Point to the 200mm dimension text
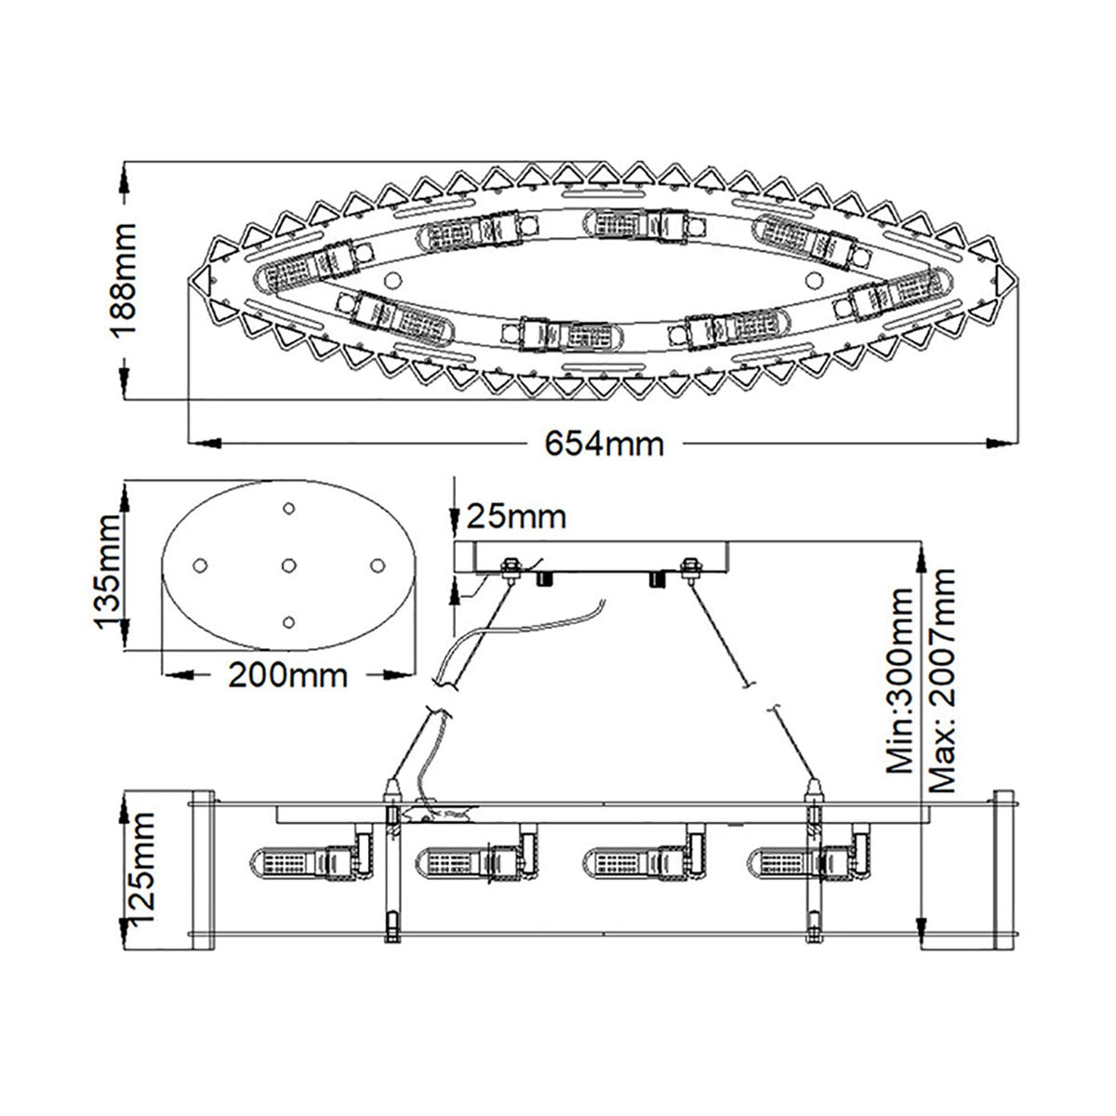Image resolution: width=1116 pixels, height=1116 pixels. click(x=287, y=674)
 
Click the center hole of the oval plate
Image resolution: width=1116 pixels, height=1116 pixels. click(x=288, y=565)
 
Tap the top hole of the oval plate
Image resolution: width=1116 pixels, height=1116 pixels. click(x=288, y=508)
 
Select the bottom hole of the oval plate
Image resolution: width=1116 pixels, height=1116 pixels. click(x=288, y=622)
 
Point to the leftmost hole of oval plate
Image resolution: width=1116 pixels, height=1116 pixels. click(x=198, y=565)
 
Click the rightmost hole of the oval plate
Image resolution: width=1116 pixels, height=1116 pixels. click(x=378, y=565)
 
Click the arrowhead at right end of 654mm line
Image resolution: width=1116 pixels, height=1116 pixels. click(x=1001, y=442)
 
